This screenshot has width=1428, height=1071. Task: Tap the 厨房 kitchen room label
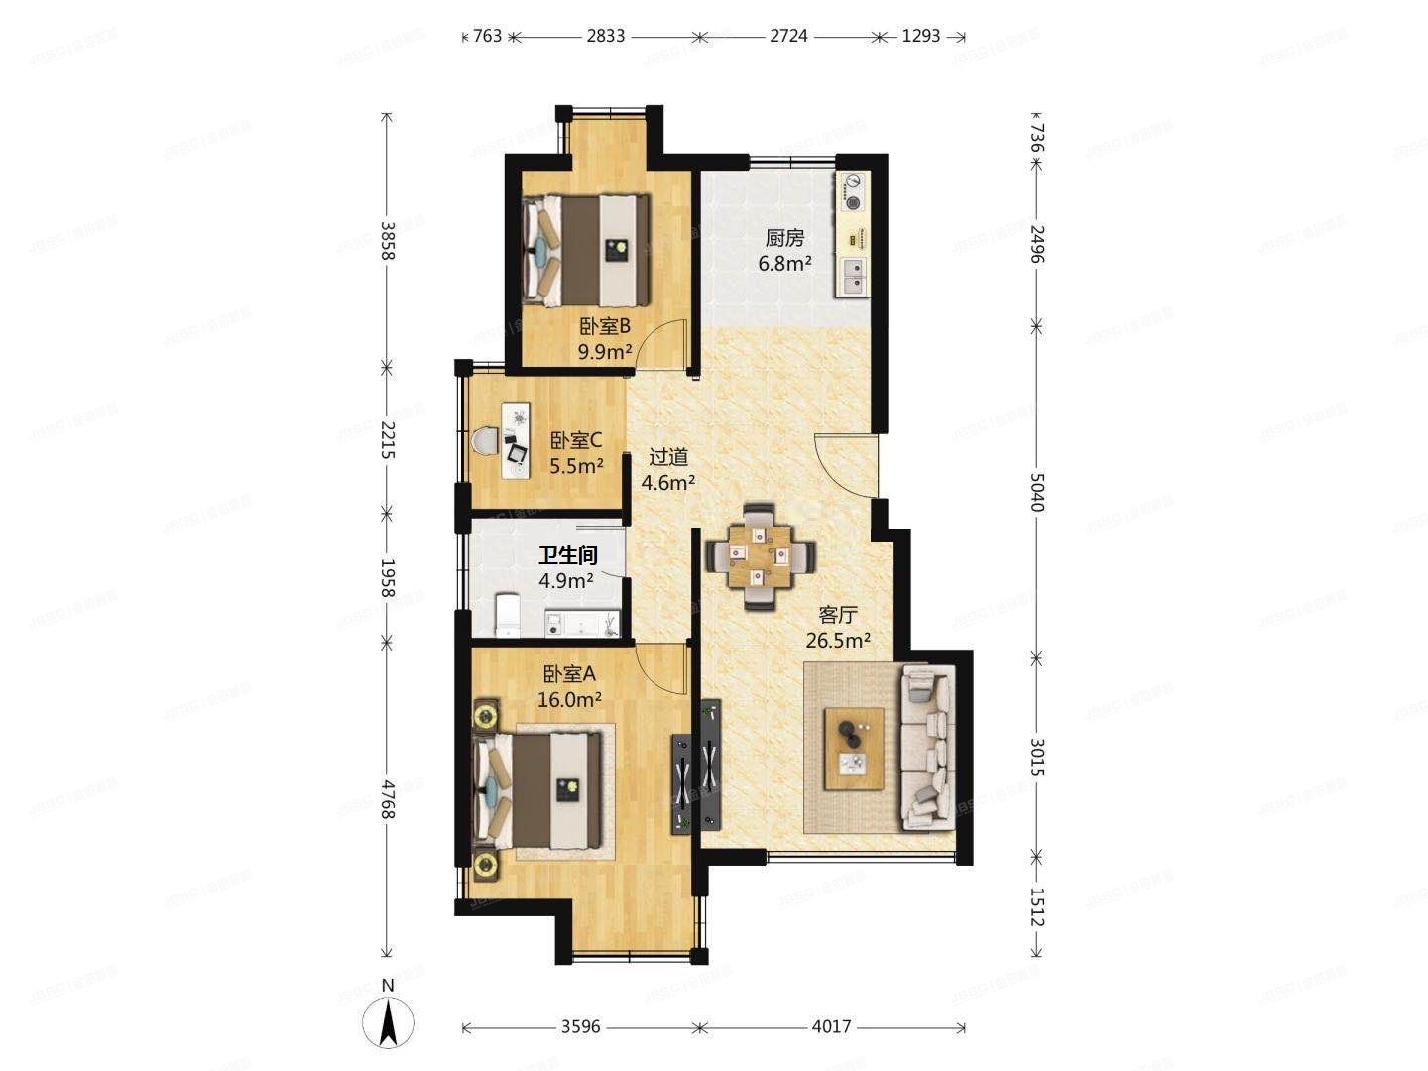783,238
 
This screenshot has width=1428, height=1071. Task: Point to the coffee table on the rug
855,749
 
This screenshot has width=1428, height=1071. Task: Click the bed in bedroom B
585,250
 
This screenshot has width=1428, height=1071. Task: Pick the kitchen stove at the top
853,191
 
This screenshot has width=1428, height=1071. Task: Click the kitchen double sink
853,277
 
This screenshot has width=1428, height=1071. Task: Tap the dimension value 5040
1036,492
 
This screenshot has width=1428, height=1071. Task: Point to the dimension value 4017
831,1027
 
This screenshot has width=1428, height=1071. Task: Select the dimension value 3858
387,240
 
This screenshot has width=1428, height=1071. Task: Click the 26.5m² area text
838,641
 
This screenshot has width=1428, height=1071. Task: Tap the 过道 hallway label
668,457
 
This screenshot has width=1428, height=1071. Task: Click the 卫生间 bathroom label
567,555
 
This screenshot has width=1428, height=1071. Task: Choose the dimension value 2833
605,36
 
